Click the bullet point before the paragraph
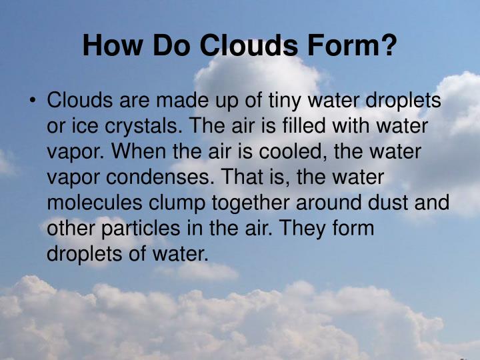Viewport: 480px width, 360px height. point(31,101)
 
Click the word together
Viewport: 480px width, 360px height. point(255,202)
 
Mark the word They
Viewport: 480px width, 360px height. point(303,227)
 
